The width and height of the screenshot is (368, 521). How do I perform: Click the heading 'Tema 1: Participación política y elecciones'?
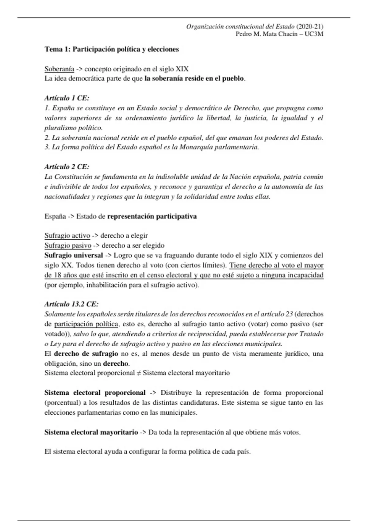(x=112, y=49)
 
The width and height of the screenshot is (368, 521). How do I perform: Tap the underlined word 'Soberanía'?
(x=59, y=69)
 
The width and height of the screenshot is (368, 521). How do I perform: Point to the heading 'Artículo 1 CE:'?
(x=67, y=98)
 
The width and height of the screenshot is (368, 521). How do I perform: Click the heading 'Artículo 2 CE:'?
(x=67, y=167)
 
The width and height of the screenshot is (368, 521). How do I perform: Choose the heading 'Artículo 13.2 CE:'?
(x=71, y=304)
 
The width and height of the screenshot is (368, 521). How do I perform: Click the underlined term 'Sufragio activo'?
(x=67, y=236)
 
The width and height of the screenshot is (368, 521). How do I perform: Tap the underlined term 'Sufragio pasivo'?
(x=68, y=245)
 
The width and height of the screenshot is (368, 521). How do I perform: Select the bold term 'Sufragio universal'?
(x=74, y=255)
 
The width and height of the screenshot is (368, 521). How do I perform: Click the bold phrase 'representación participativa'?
(x=152, y=216)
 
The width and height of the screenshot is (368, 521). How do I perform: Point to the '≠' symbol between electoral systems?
(x=139, y=373)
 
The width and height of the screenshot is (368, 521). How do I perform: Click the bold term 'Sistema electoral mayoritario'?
(x=91, y=432)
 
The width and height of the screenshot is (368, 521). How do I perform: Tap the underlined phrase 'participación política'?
(x=86, y=324)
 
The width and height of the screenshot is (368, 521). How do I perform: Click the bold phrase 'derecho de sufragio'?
(x=86, y=354)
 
